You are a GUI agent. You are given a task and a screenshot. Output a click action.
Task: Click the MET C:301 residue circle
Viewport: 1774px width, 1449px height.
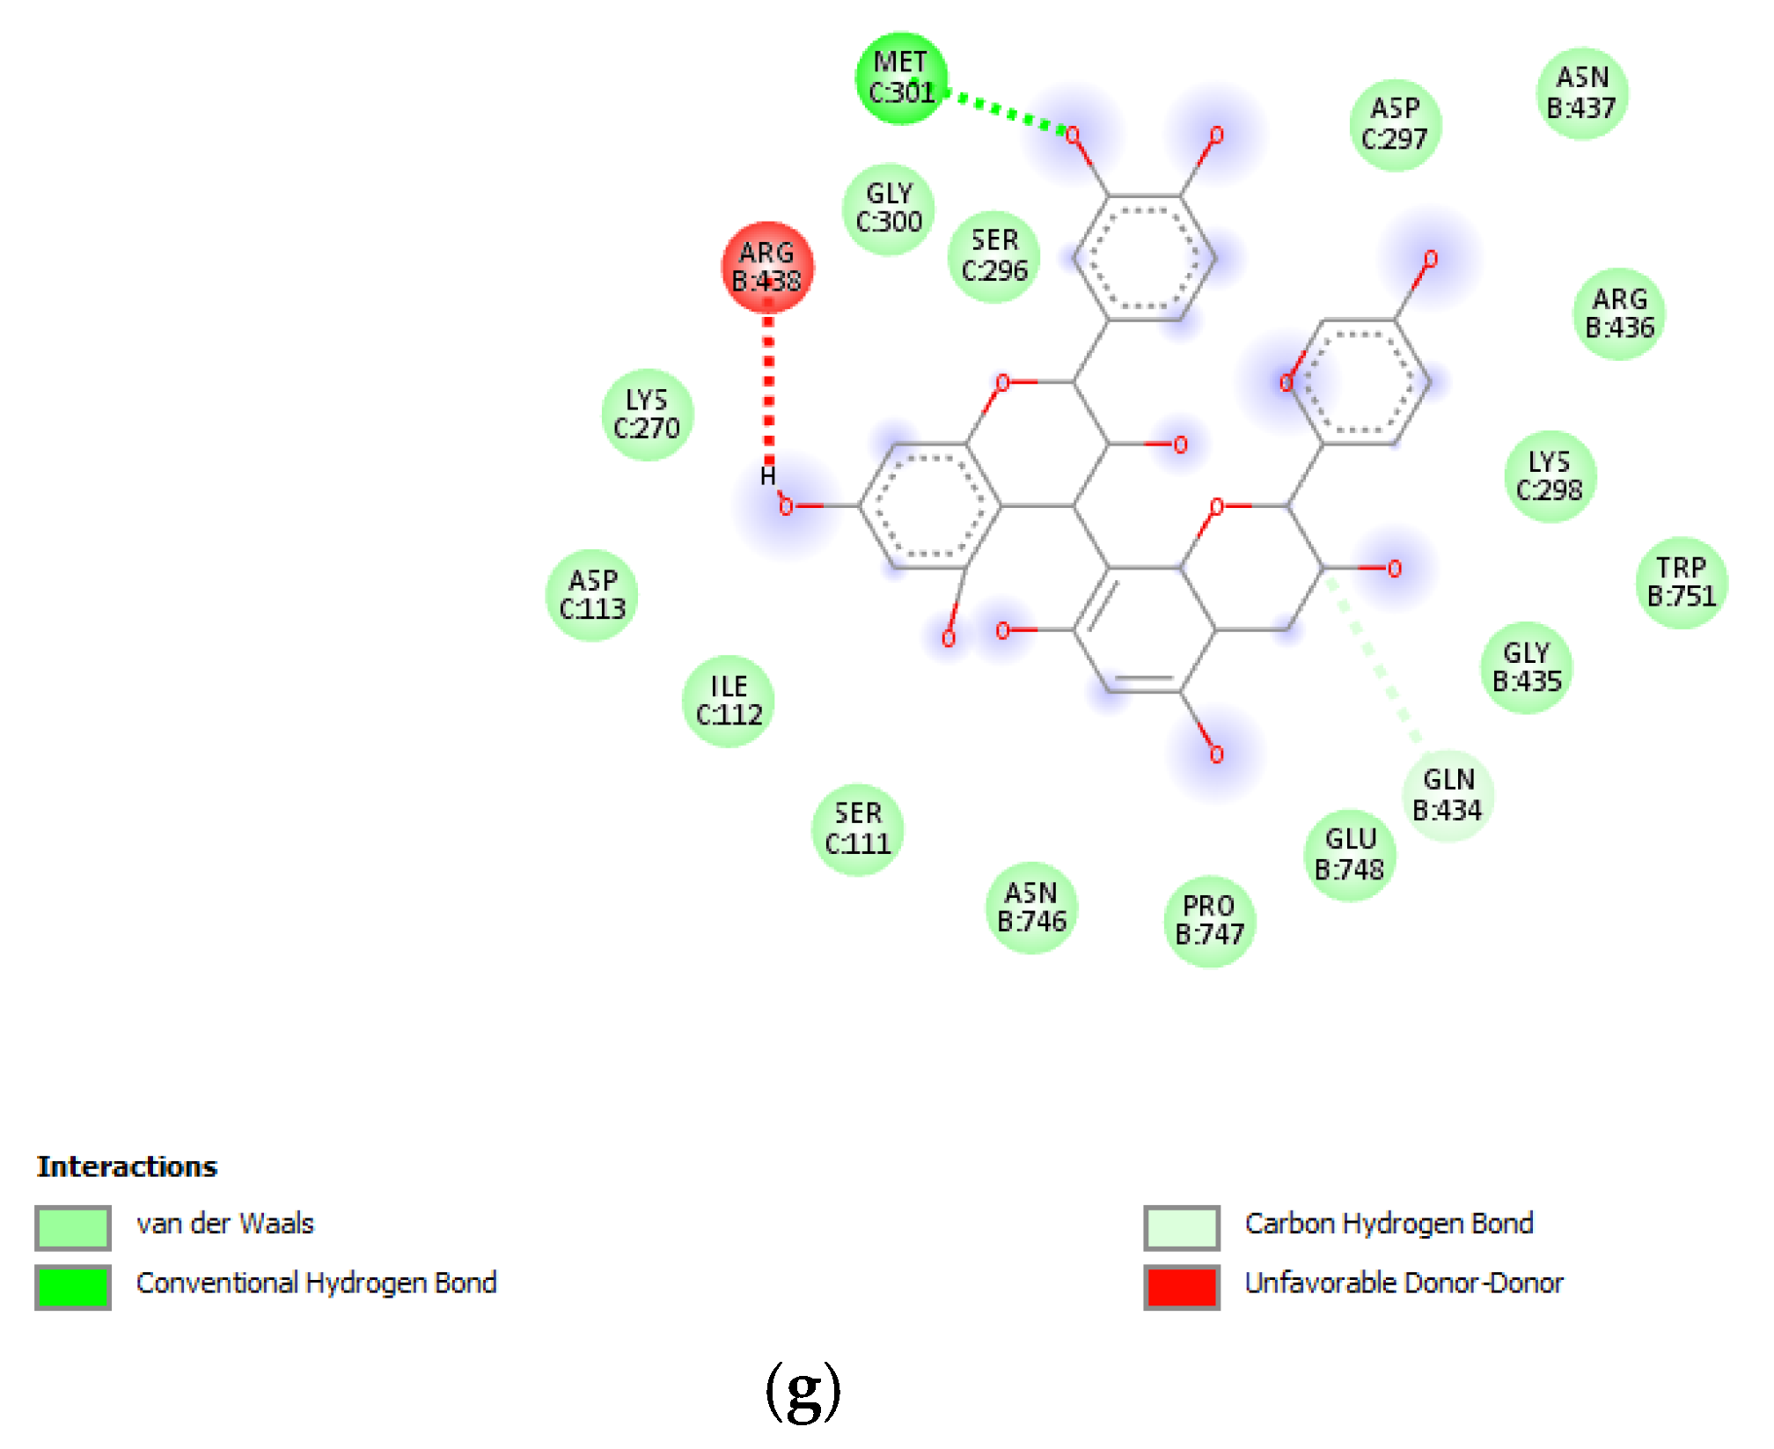(x=901, y=78)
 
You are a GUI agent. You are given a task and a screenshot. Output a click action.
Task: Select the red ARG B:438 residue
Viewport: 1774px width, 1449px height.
(x=766, y=267)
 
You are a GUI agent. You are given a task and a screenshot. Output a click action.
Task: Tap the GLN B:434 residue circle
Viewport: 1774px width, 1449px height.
(x=1448, y=795)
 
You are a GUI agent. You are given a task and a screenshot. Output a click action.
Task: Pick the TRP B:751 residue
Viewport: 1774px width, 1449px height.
(x=1682, y=582)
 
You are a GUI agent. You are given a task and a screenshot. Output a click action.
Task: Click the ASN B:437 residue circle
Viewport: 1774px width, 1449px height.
(x=1581, y=93)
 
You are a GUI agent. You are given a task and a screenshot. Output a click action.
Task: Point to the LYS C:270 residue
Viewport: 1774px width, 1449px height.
(x=647, y=415)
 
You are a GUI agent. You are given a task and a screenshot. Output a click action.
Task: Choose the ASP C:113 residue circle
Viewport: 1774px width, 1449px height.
(x=592, y=595)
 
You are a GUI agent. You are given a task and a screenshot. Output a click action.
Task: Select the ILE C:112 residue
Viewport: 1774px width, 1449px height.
(x=729, y=701)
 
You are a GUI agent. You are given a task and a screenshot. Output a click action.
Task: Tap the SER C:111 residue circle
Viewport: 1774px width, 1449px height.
(x=857, y=829)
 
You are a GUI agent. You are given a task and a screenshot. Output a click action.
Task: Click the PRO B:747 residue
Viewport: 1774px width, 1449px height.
(x=1209, y=921)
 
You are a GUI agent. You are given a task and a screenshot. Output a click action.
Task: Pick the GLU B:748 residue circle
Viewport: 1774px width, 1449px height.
(x=1349, y=855)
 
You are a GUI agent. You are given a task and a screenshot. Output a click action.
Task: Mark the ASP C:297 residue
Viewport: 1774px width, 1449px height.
(x=1395, y=124)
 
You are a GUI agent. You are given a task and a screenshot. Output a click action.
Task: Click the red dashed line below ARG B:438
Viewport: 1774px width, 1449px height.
(x=768, y=387)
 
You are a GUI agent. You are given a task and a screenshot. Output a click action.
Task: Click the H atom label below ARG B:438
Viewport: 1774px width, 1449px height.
(x=767, y=476)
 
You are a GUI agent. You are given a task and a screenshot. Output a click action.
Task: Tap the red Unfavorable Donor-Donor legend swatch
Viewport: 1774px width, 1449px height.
(x=1181, y=1286)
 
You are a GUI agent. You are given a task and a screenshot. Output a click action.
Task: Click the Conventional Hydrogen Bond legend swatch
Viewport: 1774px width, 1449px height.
(x=73, y=1286)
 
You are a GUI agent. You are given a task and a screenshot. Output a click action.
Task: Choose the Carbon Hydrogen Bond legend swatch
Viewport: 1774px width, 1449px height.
(x=1181, y=1227)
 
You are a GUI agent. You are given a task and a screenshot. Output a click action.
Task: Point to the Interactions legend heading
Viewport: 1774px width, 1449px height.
(x=127, y=1166)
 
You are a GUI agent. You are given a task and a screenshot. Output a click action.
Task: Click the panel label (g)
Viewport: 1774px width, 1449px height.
(x=803, y=1391)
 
